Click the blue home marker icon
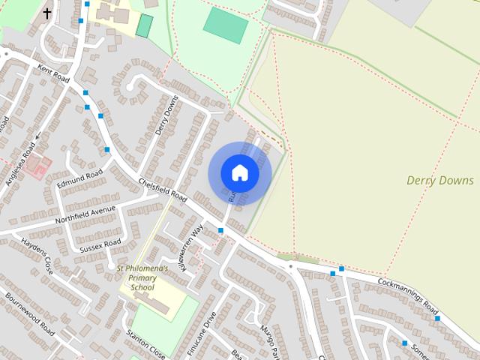click(239, 173)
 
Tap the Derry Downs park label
click(439, 180)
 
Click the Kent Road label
click(53, 73)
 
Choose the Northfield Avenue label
click(80, 214)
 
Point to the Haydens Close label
click(37, 256)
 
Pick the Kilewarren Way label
click(190, 247)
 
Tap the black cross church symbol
click(48, 13)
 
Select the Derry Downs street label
click(166, 116)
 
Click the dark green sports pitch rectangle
click(144, 25)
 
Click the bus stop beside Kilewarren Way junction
click(220, 230)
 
